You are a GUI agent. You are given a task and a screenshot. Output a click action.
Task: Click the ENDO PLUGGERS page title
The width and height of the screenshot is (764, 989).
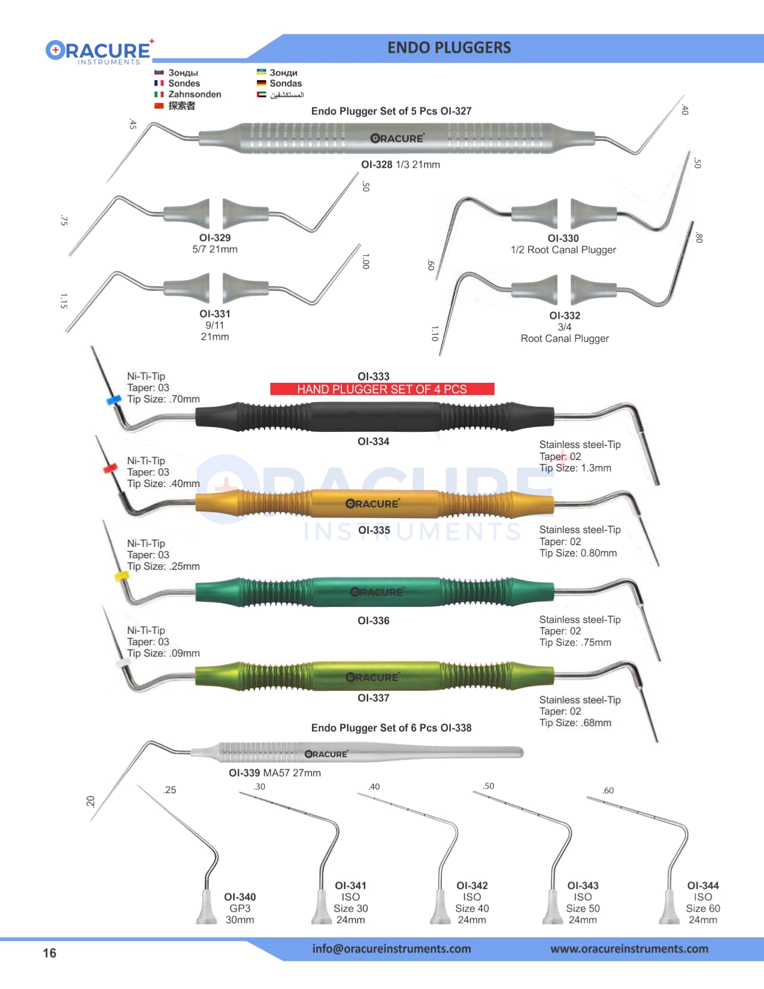click(x=449, y=48)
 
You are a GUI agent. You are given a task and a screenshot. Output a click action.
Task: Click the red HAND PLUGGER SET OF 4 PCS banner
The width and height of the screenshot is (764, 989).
click(x=382, y=389)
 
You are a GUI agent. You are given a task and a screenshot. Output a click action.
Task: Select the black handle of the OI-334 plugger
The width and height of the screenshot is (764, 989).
click(x=374, y=416)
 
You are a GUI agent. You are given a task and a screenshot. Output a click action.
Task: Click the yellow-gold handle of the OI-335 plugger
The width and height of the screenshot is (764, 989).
click(x=374, y=504)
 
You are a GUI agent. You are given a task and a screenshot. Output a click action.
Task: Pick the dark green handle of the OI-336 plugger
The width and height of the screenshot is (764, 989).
click(x=374, y=592)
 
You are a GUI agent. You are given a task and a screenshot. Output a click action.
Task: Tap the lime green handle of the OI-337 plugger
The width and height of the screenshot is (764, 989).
click(x=374, y=677)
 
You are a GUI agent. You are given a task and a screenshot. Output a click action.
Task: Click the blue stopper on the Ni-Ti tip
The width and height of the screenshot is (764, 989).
click(x=113, y=400)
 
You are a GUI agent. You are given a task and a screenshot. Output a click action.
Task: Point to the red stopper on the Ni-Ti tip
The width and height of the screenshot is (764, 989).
click(x=110, y=468)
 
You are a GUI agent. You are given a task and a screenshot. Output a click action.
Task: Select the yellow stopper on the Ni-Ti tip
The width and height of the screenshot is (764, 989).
click(x=122, y=576)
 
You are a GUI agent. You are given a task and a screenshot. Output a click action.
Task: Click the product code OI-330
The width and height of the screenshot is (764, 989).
click(x=563, y=238)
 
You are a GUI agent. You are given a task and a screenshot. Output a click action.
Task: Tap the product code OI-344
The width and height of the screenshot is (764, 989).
click(x=703, y=885)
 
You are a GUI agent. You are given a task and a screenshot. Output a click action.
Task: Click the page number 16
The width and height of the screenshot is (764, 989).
click(x=50, y=953)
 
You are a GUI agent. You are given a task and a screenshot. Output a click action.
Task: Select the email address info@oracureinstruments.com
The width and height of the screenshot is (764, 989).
click(x=392, y=949)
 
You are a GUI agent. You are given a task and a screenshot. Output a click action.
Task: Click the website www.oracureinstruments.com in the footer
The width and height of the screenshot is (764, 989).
click(x=629, y=949)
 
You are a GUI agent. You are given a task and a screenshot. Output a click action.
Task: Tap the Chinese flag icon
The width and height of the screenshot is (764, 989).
click(x=159, y=106)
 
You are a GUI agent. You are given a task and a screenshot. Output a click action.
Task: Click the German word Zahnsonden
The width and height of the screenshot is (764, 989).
click(x=195, y=95)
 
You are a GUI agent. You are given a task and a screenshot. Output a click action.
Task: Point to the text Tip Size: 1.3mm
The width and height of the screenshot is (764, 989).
click(x=575, y=468)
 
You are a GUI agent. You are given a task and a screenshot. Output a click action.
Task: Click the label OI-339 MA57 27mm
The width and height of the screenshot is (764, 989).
click(x=275, y=773)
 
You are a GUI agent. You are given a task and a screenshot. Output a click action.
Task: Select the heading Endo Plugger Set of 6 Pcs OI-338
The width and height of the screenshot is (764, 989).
click(x=391, y=728)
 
